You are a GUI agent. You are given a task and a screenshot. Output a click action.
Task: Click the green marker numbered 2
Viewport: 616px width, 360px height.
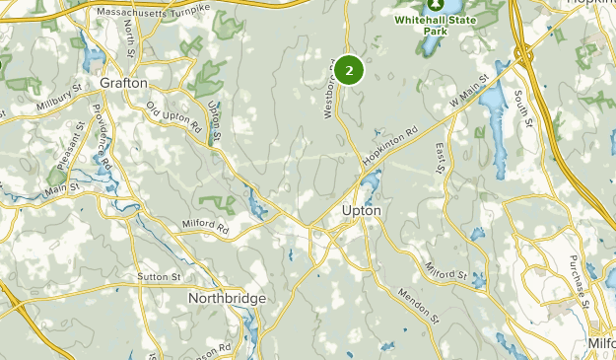pyautogui.click(x=349, y=70)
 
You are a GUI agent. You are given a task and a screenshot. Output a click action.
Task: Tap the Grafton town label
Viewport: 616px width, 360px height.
pyautogui.click(x=124, y=84)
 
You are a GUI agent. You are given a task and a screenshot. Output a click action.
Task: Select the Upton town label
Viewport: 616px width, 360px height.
pyautogui.click(x=360, y=210)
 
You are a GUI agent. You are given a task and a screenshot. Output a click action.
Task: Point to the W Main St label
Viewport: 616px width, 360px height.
pyautogui.click(x=469, y=93)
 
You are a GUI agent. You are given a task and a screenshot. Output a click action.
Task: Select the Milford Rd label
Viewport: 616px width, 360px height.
pyautogui.click(x=205, y=226)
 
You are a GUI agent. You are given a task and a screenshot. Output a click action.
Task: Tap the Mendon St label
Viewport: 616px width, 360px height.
pyautogui.click(x=418, y=306)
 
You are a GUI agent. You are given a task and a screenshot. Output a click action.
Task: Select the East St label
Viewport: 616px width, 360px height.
pyautogui.click(x=441, y=159)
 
